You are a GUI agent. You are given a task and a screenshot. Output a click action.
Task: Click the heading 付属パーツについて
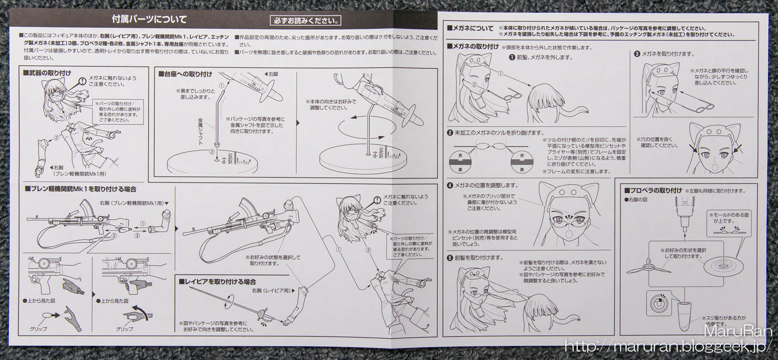149,19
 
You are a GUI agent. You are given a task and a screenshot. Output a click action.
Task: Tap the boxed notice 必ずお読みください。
305,21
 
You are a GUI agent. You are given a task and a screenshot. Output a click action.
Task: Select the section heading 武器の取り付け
47,73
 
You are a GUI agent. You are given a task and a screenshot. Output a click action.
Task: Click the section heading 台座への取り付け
185,74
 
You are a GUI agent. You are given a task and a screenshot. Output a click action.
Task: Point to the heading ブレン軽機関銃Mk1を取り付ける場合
81,189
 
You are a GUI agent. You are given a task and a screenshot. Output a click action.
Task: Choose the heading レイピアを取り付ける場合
217,282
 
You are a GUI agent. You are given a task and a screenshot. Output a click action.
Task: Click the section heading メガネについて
470,29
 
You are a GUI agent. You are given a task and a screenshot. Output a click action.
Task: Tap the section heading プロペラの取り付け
653,190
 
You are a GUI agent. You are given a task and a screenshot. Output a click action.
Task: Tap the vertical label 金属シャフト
200,131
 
